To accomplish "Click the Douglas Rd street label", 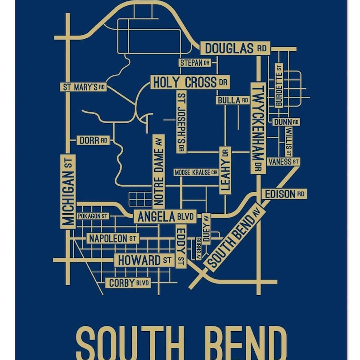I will coord(235,48).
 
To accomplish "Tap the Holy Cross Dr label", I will coord(189,82).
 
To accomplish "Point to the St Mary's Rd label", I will coord(84,87).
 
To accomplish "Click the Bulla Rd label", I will coord(233,100).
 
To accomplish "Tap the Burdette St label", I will coord(279,85).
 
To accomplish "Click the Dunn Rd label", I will coord(286,122).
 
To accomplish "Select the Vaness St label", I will coord(283,161).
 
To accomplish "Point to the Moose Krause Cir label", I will coord(196,172).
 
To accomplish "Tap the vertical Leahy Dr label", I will coord(225,171).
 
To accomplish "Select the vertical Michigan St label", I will coord(68,192).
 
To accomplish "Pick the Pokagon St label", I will coord(92,216).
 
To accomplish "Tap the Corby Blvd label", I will coord(128,283).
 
